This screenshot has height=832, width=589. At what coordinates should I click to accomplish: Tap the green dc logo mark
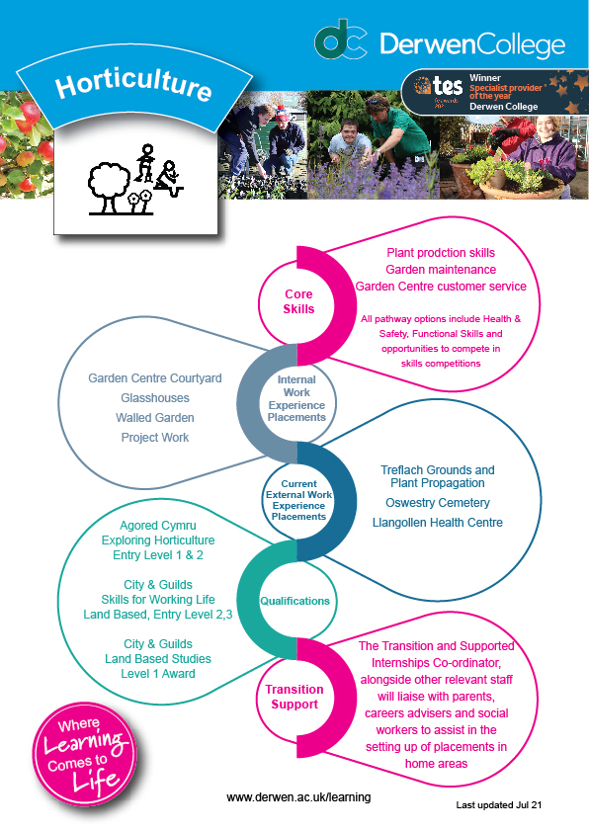(340, 40)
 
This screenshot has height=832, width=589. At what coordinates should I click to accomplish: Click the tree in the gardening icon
(109, 188)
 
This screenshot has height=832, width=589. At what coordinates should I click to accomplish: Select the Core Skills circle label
(298, 301)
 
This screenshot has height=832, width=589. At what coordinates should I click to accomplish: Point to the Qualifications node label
(294, 601)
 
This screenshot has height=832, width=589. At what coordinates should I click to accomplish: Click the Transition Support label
(294, 697)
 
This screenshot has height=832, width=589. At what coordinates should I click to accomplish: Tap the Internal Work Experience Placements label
(296, 398)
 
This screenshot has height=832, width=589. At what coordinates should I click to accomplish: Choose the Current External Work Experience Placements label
(298, 500)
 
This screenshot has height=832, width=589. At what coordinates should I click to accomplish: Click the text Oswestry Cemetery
(438, 503)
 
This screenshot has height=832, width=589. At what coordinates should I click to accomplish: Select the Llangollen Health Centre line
(438, 523)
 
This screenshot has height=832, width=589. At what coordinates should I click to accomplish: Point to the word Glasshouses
(155, 398)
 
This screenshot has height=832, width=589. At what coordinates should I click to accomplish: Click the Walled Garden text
(155, 418)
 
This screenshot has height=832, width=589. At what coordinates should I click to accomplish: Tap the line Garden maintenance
(441, 270)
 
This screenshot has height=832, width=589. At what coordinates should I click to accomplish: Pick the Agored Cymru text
(158, 526)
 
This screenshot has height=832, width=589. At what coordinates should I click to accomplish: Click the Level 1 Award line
(158, 673)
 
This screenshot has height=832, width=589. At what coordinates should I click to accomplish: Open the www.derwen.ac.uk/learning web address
(298, 797)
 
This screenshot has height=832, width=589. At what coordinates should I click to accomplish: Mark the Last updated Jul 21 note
(499, 805)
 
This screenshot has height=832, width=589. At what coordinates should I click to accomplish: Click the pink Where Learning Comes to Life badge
(85, 755)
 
